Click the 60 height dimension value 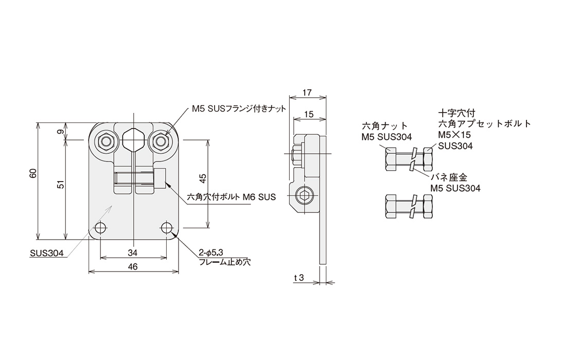(x=33, y=173)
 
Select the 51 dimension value (x=60, y=184)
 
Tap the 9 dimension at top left (x=60, y=132)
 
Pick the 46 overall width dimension (x=132, y=266)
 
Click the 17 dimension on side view (x=307, y=93)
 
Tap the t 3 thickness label (x=299, y=278)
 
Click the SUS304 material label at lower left (x=46, y=253)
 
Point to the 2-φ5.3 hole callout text (x=211, y=253)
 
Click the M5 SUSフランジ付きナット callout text (x=238, y=109)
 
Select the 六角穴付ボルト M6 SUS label (x=232, y=196)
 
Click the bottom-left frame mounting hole (x=101, y=228)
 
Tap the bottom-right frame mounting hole (x=166, y=228)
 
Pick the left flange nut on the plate (x=106, y=141)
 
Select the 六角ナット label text (x=385, y=126)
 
